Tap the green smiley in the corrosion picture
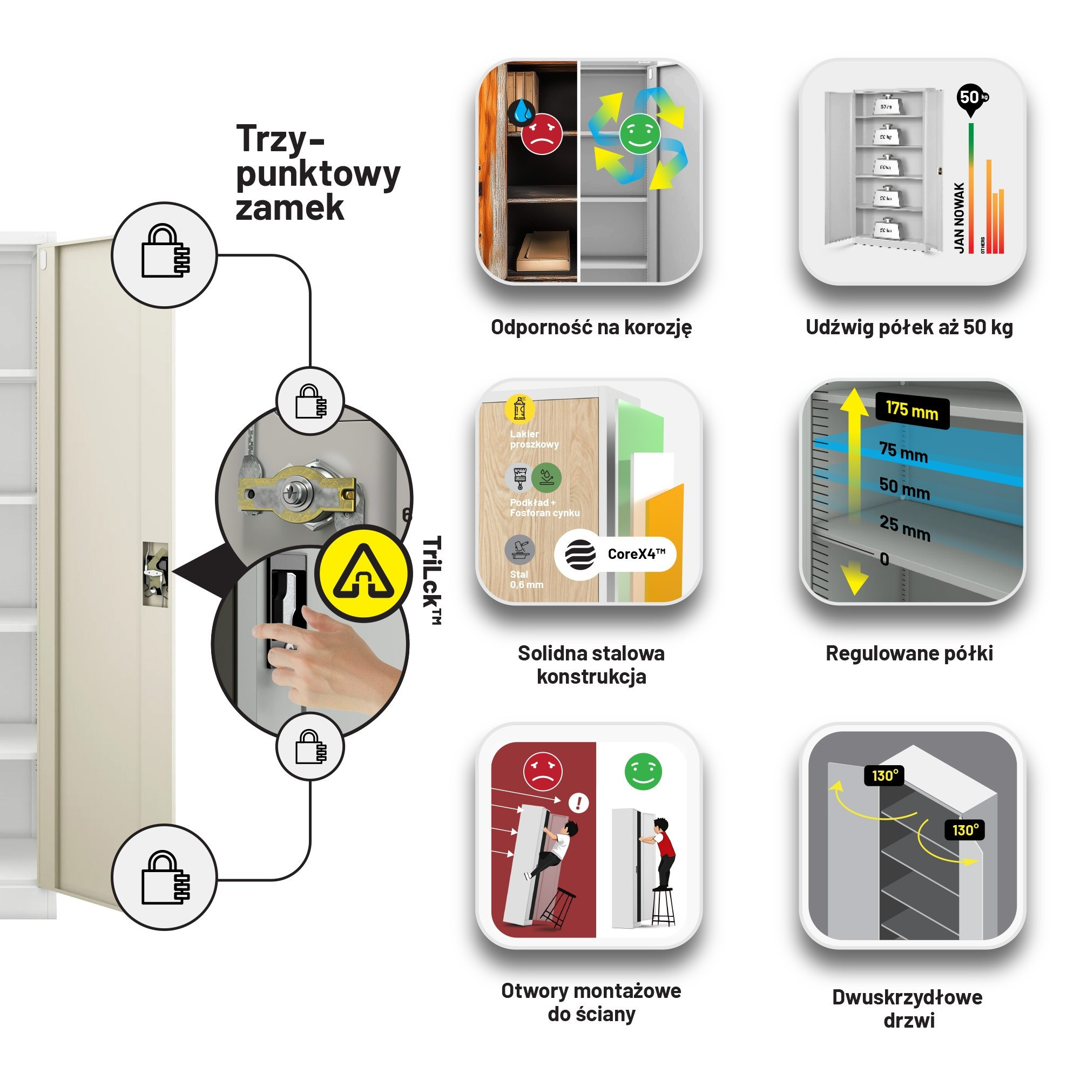click(x=639, y=133)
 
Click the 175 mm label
click(x=912, y=411)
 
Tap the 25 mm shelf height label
click(x=905, y=528)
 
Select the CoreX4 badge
click(x=615, y=554)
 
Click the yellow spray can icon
click(x=520, y=409)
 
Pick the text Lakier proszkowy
click(x=534, y=439)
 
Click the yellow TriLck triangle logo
click(x=363, y=573)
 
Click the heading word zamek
click(x=289, y=208)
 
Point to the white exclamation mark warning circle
click(x=578, y=804)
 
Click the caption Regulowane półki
click(x=909, y=653)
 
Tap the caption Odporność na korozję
click(x=591, y=327)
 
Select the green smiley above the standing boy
click(x=643, y=772)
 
